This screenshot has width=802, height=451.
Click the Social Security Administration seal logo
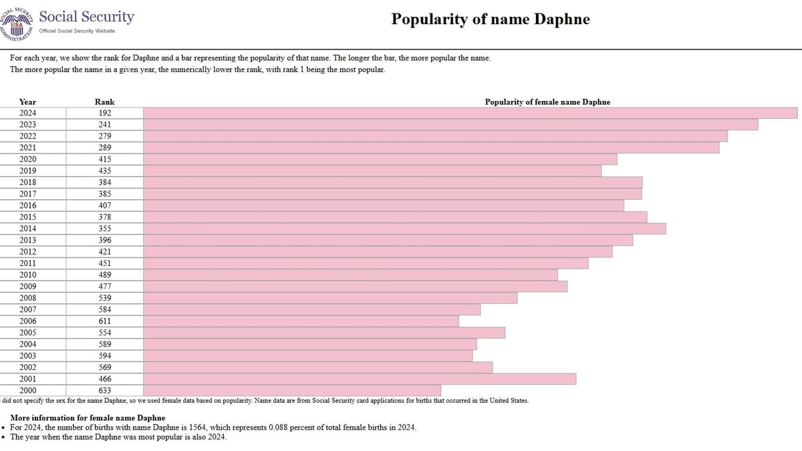point(16,23)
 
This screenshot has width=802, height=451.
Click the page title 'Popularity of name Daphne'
point(490,19)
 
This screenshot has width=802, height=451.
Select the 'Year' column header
point(27,102)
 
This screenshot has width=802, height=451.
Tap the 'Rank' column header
point(104,102)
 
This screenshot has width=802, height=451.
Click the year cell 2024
point(27,113)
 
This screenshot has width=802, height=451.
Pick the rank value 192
point(105,113)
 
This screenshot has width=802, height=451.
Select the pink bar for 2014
point(404,229)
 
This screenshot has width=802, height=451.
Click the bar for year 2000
point(292,390)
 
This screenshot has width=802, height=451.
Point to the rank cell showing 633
point(105,390)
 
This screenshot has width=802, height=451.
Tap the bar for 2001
point(360,379)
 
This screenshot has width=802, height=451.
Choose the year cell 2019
point(27,171)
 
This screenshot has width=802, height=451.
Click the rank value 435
point(105,171)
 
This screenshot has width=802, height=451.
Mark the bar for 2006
point(301,321)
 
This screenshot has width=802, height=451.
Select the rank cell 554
point(105,333)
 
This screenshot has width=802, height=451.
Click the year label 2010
point(27,275)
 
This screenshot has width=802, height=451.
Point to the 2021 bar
point(432,148)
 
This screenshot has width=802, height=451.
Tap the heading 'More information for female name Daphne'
point(88,418)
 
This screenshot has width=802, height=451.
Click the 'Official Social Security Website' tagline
point(77,31)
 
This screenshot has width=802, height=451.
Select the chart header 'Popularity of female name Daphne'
point(547,102)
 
